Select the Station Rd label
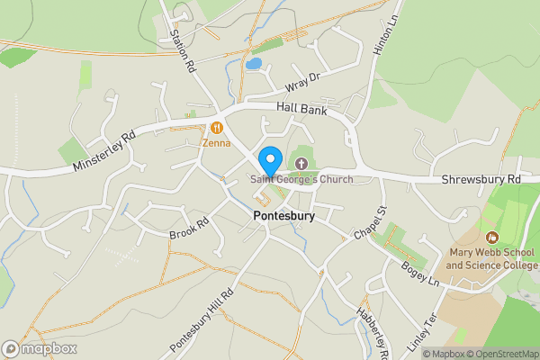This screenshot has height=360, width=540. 182,49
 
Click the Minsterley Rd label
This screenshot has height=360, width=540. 105,146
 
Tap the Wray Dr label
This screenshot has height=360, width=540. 302,82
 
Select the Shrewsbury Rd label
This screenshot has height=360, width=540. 481,180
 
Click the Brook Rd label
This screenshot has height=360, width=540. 189,228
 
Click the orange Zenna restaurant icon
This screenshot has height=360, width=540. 217,127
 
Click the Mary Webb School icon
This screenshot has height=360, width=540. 491,238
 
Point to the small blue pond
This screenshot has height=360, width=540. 254,65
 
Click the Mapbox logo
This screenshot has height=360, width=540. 39,348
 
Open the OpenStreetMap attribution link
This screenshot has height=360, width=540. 499,354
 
